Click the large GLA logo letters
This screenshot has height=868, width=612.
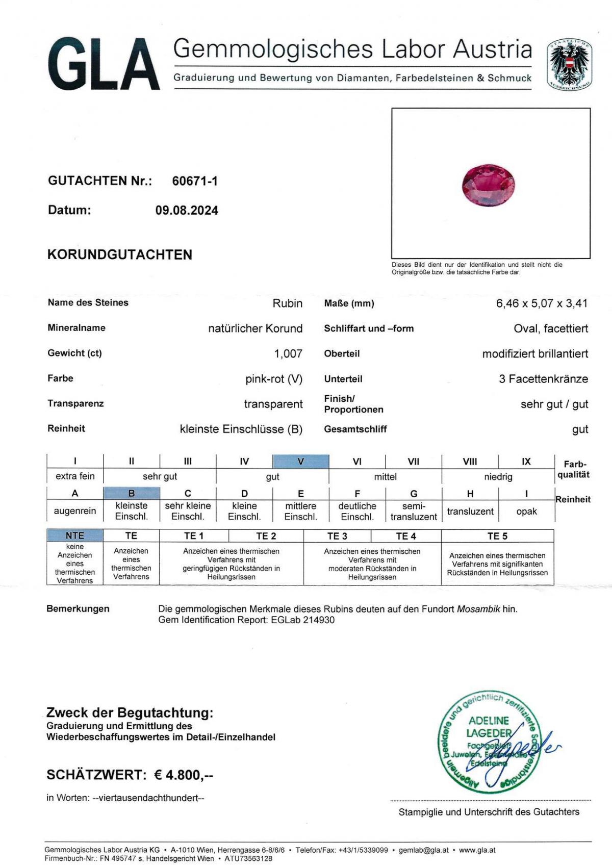(104, 64)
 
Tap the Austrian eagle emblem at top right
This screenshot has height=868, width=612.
(569, 65)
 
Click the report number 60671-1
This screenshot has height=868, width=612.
(195, 181)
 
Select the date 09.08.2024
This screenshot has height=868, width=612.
(187, 211)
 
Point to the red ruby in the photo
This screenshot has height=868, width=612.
(488, 185)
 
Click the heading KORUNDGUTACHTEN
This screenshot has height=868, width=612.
(120, 255)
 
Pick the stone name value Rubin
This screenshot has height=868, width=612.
(287, 303)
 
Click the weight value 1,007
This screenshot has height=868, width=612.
(288, 353)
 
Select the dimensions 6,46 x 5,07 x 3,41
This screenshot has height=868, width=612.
(542, 303)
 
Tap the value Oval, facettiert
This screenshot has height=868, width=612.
(550, 328)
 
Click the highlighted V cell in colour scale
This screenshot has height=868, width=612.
(300, 462)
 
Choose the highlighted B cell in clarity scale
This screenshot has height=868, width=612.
(132, 493)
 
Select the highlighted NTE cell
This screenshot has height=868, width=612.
(75, 535)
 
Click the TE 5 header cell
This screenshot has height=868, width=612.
(497, 536)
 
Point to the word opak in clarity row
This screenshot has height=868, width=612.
(526, 511)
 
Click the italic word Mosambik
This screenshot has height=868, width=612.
(478, 609)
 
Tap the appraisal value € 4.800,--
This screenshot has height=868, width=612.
(184, 775)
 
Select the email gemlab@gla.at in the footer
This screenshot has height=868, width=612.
(424, 850)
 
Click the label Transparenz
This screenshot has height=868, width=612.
(75, 403)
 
